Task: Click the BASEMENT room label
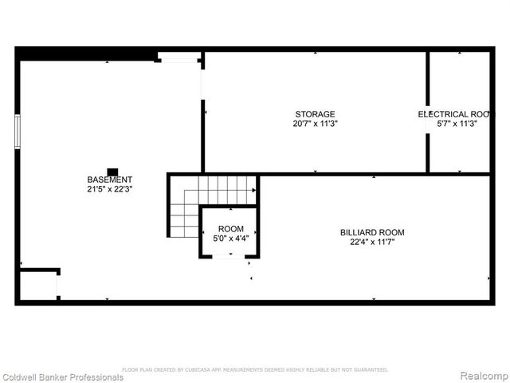tap(110, 180)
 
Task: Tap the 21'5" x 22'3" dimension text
tap(110, 190)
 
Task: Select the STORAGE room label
tap(315, 114)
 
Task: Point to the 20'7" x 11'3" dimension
tap(315, 124)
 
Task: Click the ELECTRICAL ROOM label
tap(453, 114)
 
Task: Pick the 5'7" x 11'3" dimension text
tap(457, 124)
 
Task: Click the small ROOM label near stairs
tap(230, 229)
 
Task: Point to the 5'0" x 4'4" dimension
tap(230, 238)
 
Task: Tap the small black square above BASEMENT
tap(112, 171)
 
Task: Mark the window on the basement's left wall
tap(17, 131)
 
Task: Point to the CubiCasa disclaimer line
tap(255, 369)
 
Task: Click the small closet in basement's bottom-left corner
tap(37, 285)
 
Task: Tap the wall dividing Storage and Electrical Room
tap(428, 112)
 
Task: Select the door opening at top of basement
tap(178, 57)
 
